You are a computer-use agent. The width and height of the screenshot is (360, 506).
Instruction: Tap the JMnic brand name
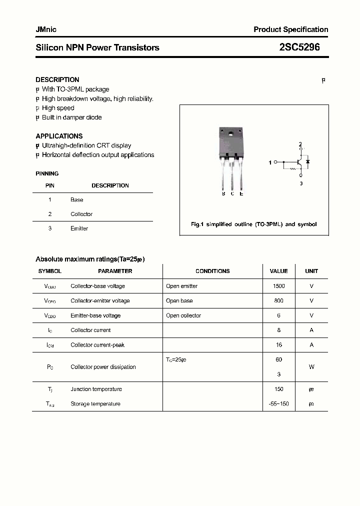(x=46, y=29)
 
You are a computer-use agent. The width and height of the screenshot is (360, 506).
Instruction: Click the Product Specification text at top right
(x=290, y=29)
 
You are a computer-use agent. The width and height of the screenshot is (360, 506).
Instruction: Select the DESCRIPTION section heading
(x=57, y=79)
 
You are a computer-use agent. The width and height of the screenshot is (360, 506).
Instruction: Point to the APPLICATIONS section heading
(x=59, y=136)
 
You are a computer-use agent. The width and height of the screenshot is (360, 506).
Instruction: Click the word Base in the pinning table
(x=76, y=199)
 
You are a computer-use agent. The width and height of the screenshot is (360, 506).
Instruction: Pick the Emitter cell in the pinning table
(x=79, y=228)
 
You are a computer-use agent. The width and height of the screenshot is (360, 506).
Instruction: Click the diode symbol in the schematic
(x=307, y=162)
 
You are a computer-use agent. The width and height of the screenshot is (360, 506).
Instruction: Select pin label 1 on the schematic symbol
(x=270, y=162)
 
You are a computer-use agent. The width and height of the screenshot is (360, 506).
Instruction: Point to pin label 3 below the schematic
(x=301, y=183)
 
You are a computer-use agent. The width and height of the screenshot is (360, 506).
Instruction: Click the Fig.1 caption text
(x=253, y=224)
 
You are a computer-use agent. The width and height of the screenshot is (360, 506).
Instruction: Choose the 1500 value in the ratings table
(x=278, y=286)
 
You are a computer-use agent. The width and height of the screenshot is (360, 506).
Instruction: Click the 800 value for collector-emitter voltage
(x=278, y=301)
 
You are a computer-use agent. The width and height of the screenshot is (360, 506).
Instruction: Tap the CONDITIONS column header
(x=212, y=271)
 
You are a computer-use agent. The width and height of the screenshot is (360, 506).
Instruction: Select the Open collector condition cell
(x=183, y=315)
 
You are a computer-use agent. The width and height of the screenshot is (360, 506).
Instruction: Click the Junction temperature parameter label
(x=96, y=389)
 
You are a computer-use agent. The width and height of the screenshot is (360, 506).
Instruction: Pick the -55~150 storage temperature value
(x=278, y=403)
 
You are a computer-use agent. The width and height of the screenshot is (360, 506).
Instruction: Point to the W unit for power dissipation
(x=311, y=367)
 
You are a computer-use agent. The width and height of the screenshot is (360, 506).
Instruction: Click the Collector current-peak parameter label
(x=97, y=345)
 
